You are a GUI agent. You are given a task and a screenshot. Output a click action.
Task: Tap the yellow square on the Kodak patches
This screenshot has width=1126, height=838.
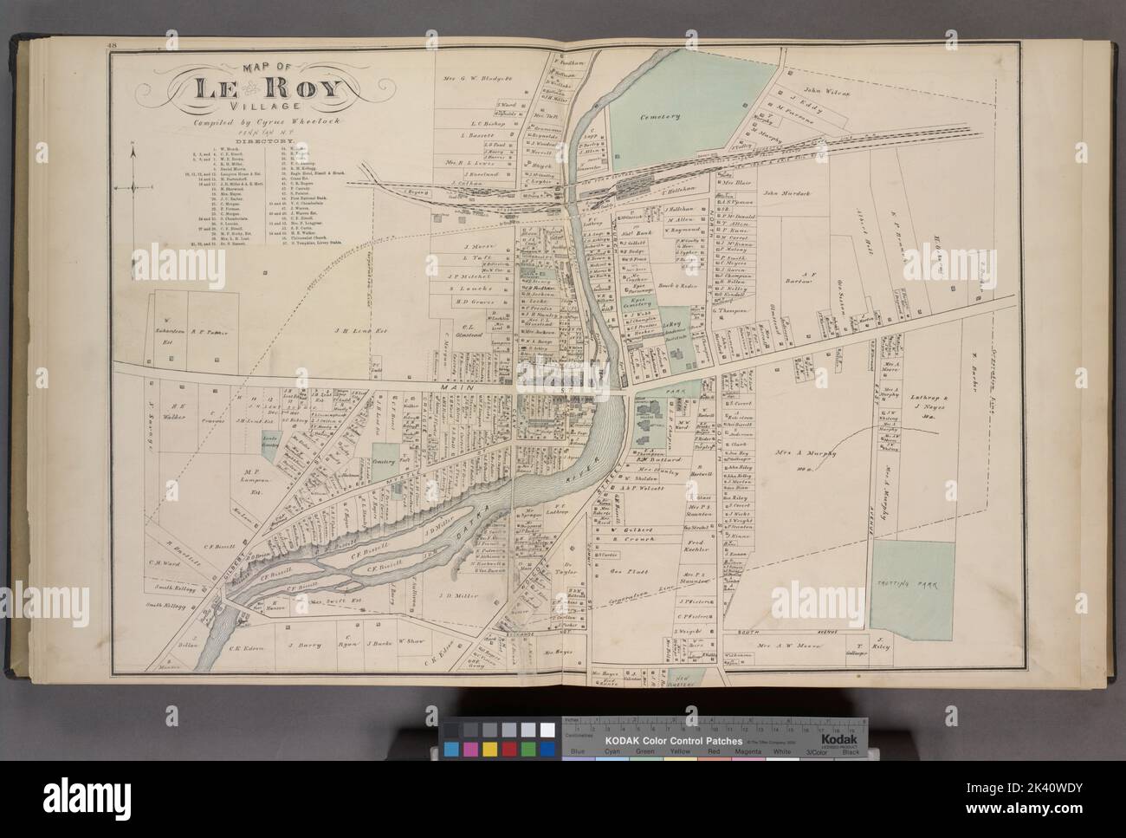(489, 748)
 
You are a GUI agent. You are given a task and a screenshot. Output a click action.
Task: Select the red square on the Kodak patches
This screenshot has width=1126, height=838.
(509, 748)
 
